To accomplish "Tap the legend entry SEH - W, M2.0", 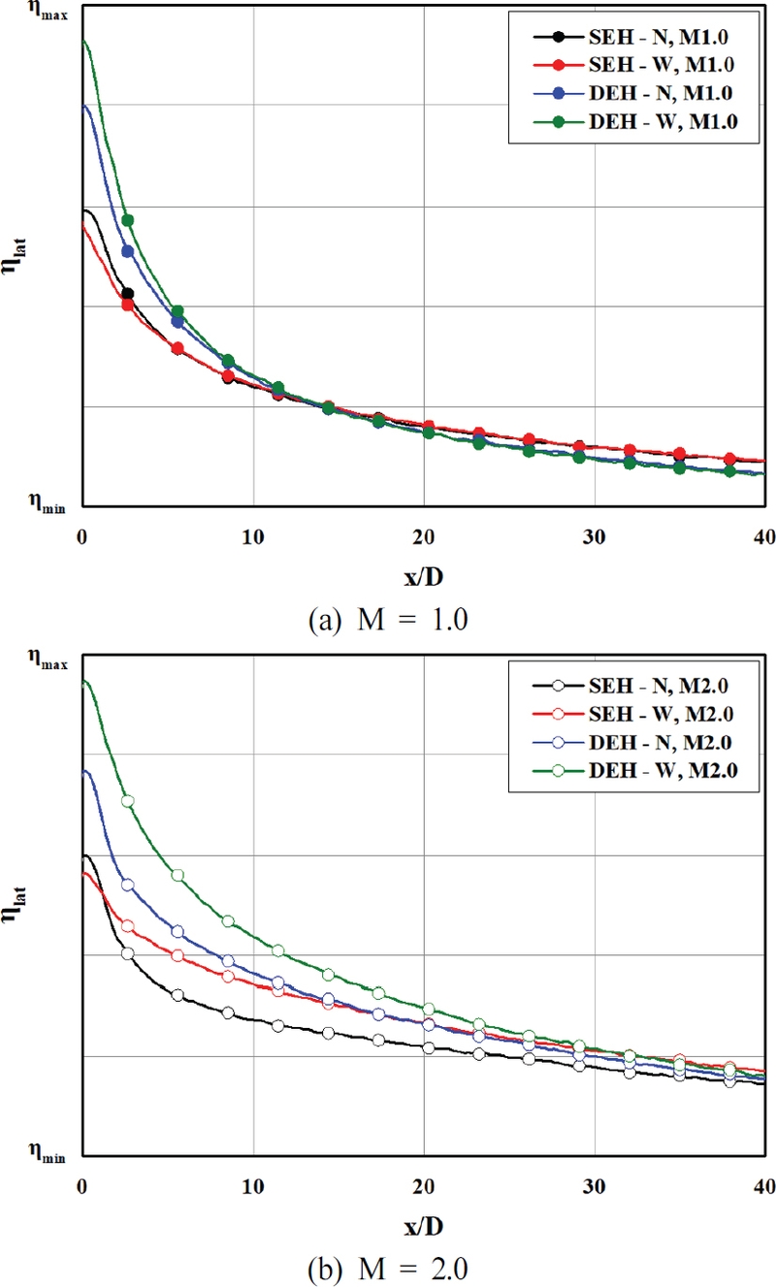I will pyautogui.click(x=630, y=715).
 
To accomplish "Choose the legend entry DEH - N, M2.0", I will pyautogui.click(x=630, y=743).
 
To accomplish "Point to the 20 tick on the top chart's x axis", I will pyautogui.click(x=423, y=536).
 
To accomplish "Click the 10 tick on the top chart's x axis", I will pyautogui.click(x=253, y=536).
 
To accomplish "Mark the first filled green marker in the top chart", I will pyautogui.click(x=127, y=220).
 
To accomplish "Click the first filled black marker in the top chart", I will pyautogui.click(x=127, y=293).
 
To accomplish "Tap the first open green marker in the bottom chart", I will pyautogui.click(x=127, y=801).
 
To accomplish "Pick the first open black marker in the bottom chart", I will pyautogui.click(x=127, y=953).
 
